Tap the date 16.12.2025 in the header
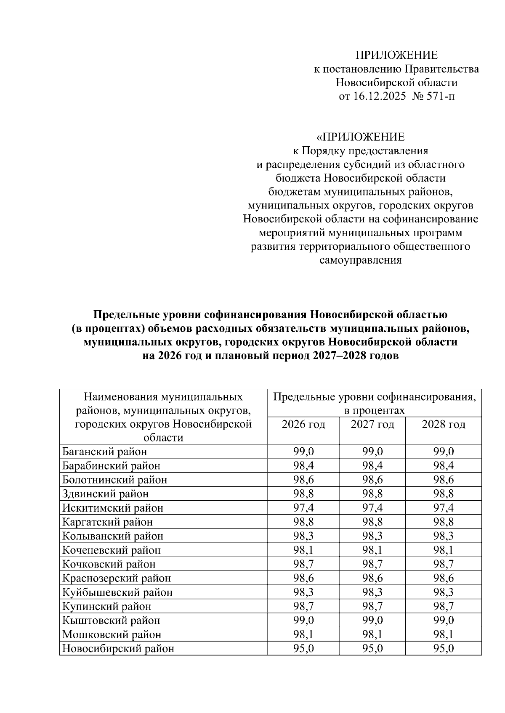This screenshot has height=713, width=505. (378, 96)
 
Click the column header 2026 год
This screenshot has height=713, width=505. (303, 425)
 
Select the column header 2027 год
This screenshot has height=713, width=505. (372, 425)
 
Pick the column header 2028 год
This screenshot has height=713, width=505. (444, 425)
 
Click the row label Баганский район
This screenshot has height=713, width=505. (105, 452)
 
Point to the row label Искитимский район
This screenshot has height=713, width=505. (113, 508)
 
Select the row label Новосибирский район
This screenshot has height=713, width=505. (118, 649)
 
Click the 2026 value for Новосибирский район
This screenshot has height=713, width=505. (303, 649)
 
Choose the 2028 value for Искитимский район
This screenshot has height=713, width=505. (444, 508)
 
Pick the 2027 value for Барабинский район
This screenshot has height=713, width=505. (372, 466)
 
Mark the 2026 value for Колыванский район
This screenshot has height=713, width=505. (303, 536)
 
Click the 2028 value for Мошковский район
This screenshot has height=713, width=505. (444, 634)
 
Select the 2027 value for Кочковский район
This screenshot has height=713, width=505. (372, 564)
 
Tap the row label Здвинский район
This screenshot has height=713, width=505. (105, 494)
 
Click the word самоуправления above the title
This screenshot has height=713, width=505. (361, 260)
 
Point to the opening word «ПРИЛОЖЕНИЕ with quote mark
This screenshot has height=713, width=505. (361, 137)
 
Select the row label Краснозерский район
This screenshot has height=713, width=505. (117, 578)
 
